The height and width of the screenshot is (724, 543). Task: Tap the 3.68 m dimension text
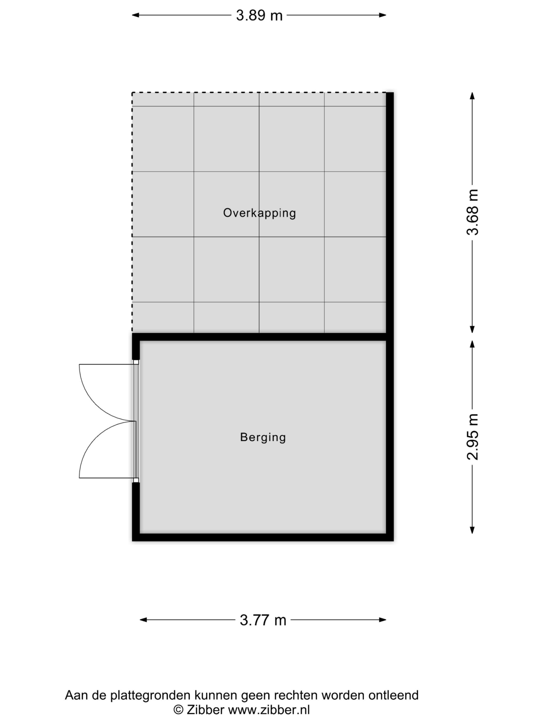click(473, 212)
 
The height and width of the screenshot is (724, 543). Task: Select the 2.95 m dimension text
click(473, 437)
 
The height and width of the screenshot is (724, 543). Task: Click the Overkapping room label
click(260, 213)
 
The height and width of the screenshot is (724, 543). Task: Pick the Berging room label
click(263, 437)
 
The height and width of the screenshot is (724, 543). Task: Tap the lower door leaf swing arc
click(95, 438)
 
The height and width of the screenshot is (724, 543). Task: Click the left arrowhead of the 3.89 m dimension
click(135, 15)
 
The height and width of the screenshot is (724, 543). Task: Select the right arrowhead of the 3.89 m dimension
click(383, 15)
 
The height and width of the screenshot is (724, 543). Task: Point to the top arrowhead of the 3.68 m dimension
click(472, 96)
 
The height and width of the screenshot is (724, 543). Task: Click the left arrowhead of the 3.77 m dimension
click(143, 619)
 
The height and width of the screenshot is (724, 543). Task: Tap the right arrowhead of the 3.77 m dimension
click(383, 619)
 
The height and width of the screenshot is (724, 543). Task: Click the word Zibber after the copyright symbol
click(205, 710)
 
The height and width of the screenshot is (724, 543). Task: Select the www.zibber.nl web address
click(269, 710)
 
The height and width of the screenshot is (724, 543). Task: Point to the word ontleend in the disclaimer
click(393, 695)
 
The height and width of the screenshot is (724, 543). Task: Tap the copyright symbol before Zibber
click(178, 710)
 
